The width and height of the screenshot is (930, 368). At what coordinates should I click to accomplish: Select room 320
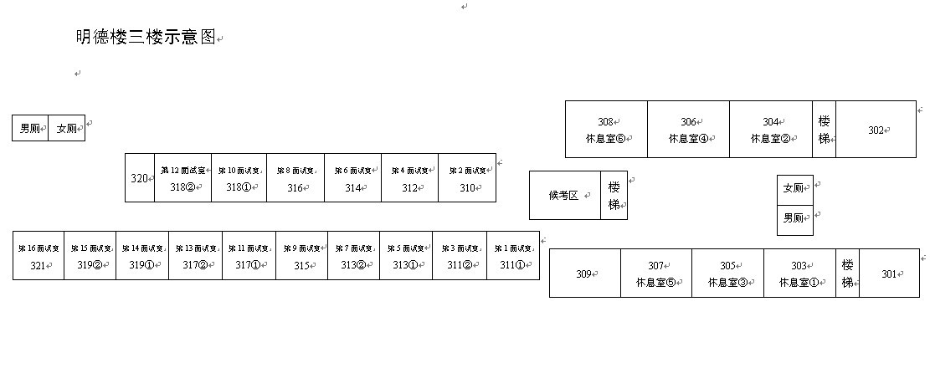pyautogui.click(x=139, y=178)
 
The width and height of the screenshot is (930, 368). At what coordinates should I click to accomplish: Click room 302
pyautogui.click(x=876, y=130)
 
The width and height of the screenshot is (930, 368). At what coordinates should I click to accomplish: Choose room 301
pyautogui.click(x=889, y=273)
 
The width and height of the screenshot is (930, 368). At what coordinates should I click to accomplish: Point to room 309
pyautogui.click(x=584, y=273)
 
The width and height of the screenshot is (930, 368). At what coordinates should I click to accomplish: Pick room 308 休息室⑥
pyautogui.click(x=606, y=130)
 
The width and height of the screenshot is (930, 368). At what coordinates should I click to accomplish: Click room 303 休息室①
pyautogui.click(x=799, y=273)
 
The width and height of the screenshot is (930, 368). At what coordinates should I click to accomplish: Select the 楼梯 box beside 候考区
pyautogui.click(x=614, y=196)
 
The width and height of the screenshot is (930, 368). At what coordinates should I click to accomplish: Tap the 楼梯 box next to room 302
pyautogui.click(x=824, y=130)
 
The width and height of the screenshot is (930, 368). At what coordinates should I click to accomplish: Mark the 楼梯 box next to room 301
pyautogui.click(x=847, y=273)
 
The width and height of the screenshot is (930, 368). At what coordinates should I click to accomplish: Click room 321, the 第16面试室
pyautogui.click(x=39, y=256)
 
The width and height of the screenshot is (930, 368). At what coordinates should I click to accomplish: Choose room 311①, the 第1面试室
pyautogui.click(x=512, y=256)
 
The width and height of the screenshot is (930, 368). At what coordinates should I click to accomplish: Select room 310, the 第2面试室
pyautogui.click(x=466, y=178)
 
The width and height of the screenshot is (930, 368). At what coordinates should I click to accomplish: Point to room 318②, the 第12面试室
pyautogui.click(x=182, y=178)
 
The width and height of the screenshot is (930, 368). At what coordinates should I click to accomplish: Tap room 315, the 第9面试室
pyautogui.click(x=301, y=256)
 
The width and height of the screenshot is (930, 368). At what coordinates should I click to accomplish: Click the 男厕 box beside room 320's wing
pyautogui.click(x=30, y=129)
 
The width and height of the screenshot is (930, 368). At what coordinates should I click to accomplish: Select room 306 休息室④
pyautogui.click(x=688, y=130)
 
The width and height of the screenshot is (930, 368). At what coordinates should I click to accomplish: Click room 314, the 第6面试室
pyautogui.click(x=352, y=178)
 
